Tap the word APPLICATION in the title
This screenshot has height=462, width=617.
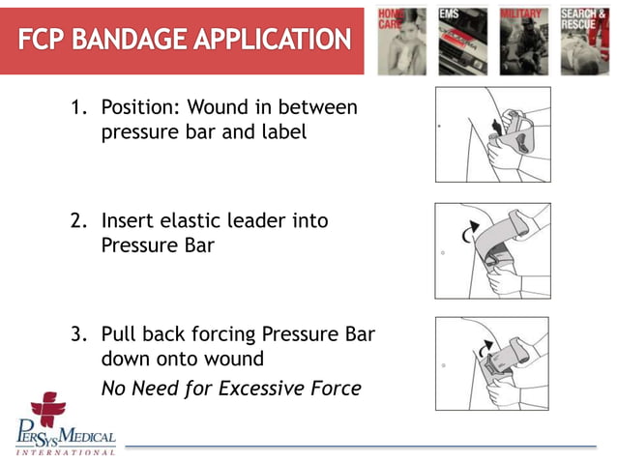coord(277,40)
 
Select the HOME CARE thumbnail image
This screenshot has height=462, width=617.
coord(401,41)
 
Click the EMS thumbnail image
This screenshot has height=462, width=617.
coord(461,41)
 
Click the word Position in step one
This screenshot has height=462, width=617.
coord(139,107)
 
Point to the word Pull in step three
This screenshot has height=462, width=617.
coord(119,335)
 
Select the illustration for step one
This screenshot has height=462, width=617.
coord(492,134)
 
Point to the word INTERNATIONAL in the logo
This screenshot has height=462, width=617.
coord(64,450)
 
